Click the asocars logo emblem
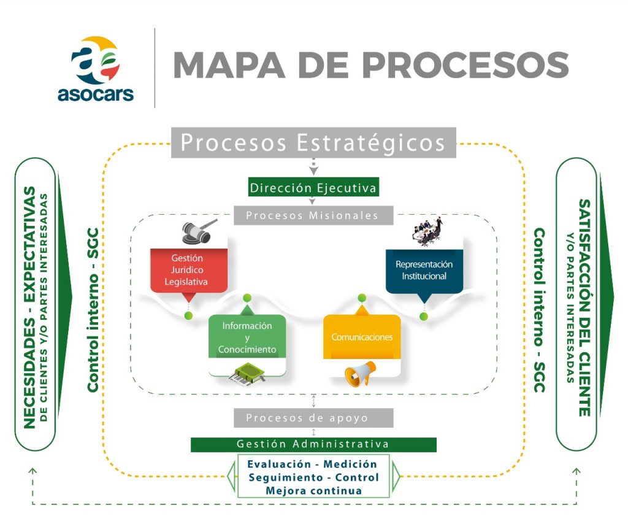[x=95, y=60]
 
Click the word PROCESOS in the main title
[x=465, y=65]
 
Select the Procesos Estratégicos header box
[x=313, y=142]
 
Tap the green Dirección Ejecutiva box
[x=313, y=187]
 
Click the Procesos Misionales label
[x=313, y=215]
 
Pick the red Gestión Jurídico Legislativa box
[x=189, y=271]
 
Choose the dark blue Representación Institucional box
[x=424, y=271]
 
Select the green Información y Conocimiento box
[x=247, y=337]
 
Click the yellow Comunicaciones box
[x=362, y=337]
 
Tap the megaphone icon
[x=360, y=374]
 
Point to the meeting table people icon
[x=427, y=231]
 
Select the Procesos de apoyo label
[x=313, y=418]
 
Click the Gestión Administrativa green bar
[x=313, y=444]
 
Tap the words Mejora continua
[x=313, y=491]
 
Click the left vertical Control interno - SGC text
[x=93, y=310]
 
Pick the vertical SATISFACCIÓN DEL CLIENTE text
[x=584, y=307]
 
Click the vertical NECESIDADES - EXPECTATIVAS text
[x=30, y=307]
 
